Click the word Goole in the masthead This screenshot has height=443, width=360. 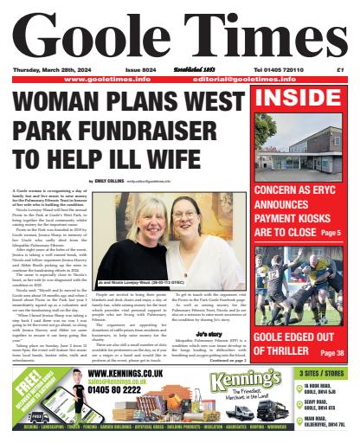91,35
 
